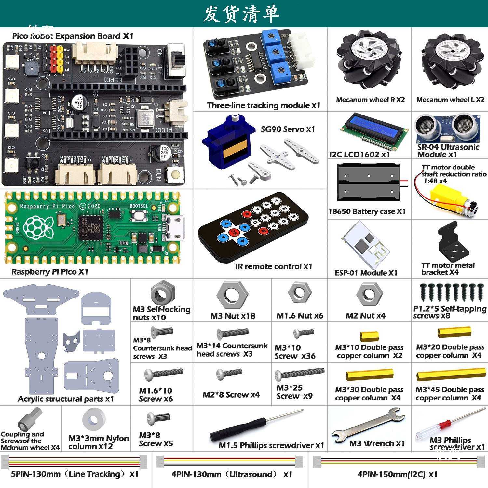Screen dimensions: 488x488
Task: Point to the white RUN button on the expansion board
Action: click(x=175, y=174)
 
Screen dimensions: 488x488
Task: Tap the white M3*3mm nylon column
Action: click(x=94, y=420)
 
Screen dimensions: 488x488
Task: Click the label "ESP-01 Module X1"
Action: click(x=366, y=273)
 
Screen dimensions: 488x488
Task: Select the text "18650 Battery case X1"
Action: click(x=367, y=211)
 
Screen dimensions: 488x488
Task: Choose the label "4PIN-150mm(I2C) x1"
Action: click(x=398, y=474)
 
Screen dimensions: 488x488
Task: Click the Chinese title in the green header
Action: click(x=241, y=14)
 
